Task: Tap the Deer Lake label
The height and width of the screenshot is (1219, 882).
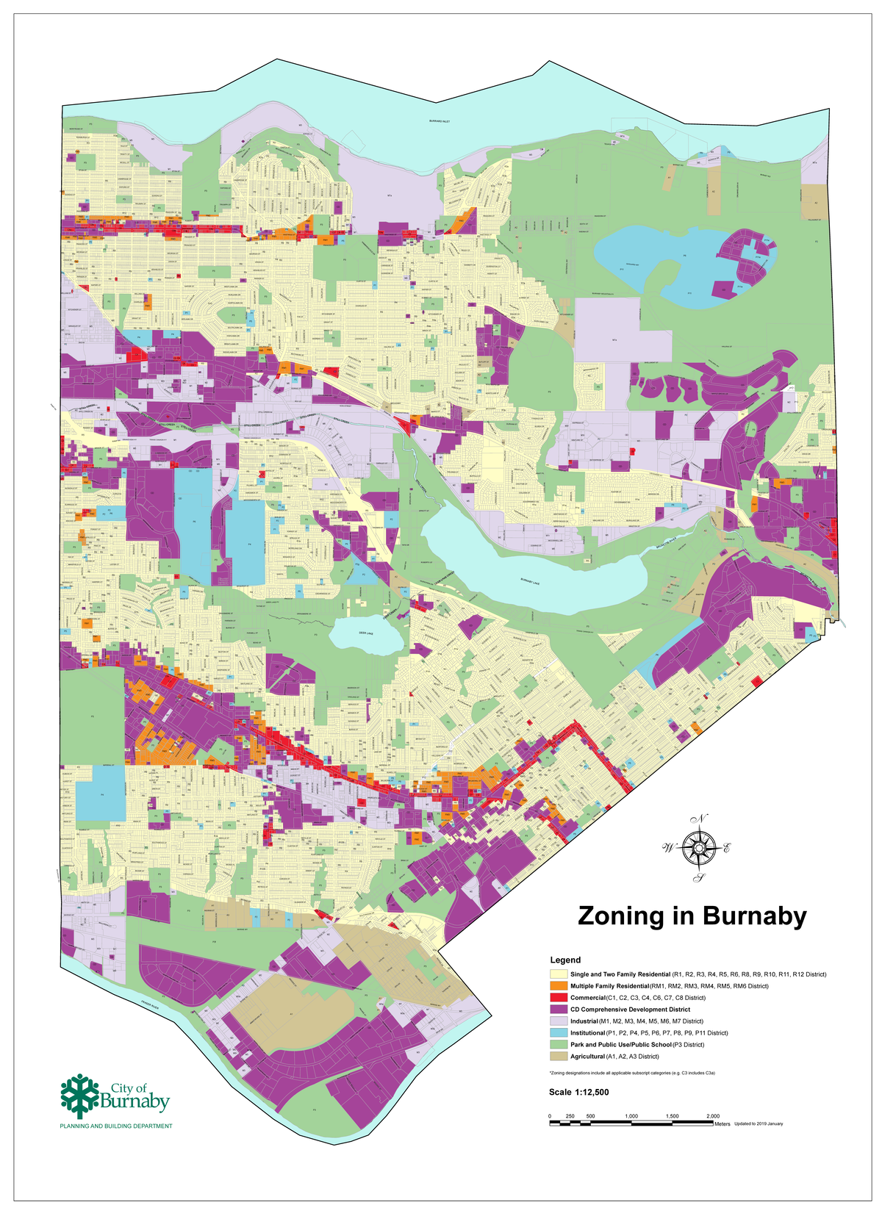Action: tap(365, 632)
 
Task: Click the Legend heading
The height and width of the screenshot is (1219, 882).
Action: tap(565, 960)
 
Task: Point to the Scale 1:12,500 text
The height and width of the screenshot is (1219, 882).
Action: tap(578, 1093)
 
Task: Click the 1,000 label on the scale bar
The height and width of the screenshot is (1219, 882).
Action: tap(631, 1116)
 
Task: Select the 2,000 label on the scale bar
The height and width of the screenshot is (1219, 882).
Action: tap(712, 1116)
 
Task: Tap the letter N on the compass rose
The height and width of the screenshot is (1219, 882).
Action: tap(702, 819)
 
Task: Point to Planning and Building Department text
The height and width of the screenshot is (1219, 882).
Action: tap(115, 1126)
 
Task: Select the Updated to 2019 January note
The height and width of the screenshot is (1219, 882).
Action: tap(758, 1123)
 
